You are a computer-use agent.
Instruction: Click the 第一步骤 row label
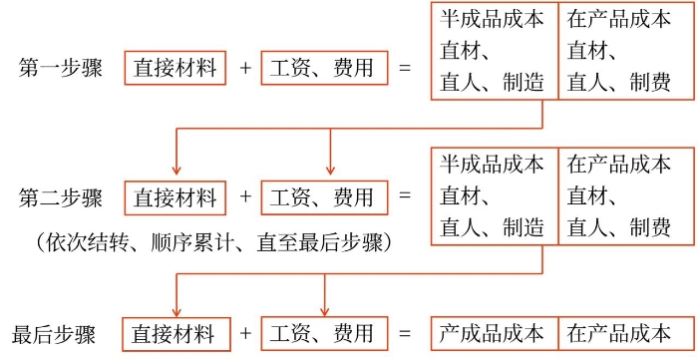(x=60, y=68)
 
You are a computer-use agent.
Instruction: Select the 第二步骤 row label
(x=60, y=196)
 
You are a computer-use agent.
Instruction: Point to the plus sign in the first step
(x=245, y=68)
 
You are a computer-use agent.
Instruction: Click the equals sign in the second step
(x=404, y=196)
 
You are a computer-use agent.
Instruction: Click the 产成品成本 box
(x=493, y=333)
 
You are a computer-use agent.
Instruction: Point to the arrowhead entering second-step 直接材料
(x=176, y=172)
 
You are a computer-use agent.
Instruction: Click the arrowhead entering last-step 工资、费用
(x=324, y=309)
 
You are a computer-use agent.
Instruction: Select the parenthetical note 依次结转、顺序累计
(x=210, y=242)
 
